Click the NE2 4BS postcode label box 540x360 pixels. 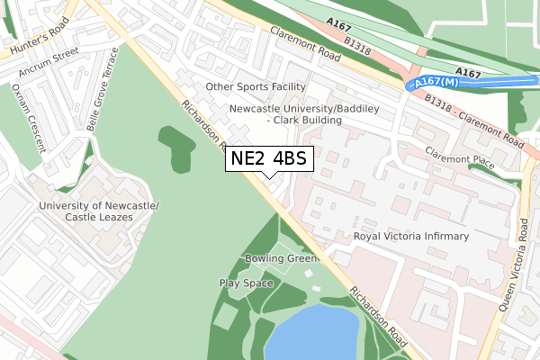point(269,158)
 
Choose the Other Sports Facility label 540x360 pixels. point(256,87)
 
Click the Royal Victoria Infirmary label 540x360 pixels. point(411,237)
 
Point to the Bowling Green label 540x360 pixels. point(282,259)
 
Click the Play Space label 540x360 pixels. point(246,283)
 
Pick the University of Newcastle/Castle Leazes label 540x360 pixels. point(99,211)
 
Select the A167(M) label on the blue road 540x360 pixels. point(432,83)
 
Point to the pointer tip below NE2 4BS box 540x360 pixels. point(269,177)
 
